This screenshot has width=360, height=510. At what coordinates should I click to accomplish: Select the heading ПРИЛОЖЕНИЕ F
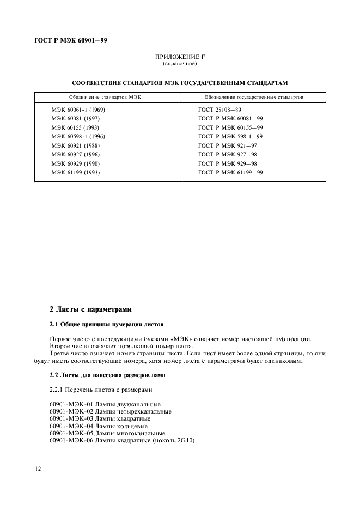click(179, 57)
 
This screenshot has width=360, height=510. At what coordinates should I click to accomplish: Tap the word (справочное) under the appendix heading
click(179, 64)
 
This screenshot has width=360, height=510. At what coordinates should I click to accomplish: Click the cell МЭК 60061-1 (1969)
click(78, 110)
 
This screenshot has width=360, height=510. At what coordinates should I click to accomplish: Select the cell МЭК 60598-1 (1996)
click(78, 136)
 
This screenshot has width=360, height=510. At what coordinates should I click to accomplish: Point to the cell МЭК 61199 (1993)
click(76, 172)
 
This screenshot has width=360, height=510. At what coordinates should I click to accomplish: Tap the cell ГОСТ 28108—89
click(219, 110)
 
